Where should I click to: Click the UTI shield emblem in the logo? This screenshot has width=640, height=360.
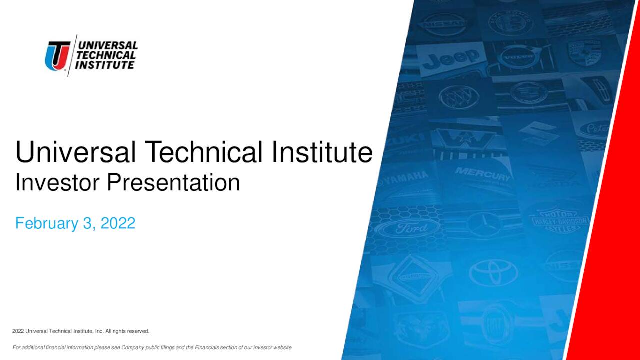tap(57, 55)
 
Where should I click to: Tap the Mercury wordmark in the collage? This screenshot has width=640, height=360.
tap(482, 175)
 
